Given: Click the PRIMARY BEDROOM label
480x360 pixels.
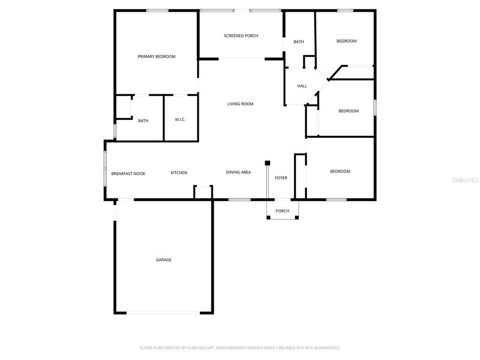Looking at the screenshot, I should coord(156,57).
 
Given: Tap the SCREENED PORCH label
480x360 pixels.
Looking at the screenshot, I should coord(241,36).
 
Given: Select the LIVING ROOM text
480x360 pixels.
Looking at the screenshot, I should coord(240,104).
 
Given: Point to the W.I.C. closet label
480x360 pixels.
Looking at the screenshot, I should coord(180,120).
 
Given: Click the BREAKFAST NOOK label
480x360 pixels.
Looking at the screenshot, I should coord(128,173).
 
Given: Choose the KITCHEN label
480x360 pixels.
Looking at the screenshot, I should coord(179,173).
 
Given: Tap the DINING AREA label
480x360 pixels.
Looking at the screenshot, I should coord(238,172).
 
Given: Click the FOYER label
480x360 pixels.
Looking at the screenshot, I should coord(281,178).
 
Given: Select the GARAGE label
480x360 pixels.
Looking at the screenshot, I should coord(164,260).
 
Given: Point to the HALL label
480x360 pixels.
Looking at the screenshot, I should coord(302,86).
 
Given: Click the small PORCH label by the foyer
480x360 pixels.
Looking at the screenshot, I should coord(282,211).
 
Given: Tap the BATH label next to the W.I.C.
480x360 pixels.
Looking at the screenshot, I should coord(143,121).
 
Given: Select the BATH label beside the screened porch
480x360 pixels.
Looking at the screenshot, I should coord(299,42).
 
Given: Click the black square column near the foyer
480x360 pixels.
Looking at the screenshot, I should coord(268,163).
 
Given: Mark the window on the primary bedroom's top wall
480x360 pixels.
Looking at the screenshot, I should coord(157,10).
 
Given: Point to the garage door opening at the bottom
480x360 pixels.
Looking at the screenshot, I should coord(163,313).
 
